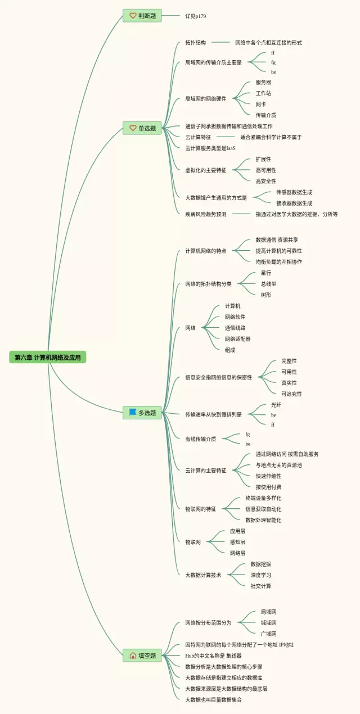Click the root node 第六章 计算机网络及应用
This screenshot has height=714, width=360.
(x=48, y=358)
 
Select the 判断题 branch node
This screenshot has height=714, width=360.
(x=142, y=16)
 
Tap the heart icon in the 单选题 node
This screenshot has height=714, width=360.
(x=133, y=128)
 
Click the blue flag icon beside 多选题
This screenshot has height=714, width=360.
(x=133, y=412)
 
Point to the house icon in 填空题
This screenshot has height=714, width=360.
(x=133, y=656)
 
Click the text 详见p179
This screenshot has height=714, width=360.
(x=196, y=16)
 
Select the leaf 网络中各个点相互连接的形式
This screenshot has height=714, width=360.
(x=268, y=43)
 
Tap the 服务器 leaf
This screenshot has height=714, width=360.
(x=263, y=82)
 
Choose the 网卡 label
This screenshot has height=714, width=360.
(x=260, y=104)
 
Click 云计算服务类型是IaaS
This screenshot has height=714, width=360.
(x=210, y=148)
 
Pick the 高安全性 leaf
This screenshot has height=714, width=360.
(x=266, y=181)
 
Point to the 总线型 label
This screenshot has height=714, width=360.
(x=268, y=284)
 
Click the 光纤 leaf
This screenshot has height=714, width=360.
(x=276, y=405)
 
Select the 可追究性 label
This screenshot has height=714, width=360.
(x=291, y=394)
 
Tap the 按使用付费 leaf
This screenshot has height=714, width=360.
(x=268, y=487)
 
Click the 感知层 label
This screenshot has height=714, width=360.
(x=237, y=542)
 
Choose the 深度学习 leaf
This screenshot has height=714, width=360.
(x=261, y=575)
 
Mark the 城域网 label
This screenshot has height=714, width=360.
(x=268, y=622)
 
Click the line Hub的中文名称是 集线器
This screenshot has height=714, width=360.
(x=213, y=656)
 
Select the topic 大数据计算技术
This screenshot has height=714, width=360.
(x=203, y=575)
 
